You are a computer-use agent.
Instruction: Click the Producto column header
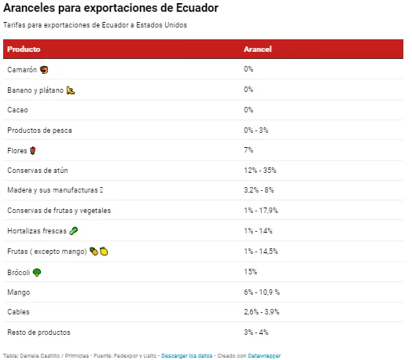(x=24, y=49)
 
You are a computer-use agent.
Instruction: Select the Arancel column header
(x=258, y=49)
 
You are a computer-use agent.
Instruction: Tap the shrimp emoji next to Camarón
(x=44, y=70)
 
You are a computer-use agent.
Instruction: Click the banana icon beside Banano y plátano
(x=71, y=90)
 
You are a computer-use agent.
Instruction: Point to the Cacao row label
(x=17, y=110)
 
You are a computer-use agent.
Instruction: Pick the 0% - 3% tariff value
(x=256, y=130)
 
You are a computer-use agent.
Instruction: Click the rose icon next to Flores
(x=32, y=151)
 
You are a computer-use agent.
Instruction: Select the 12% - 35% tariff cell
(x=260, y=171)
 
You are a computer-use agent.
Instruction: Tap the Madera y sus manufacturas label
(x=53, y=190)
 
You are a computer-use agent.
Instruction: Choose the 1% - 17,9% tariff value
(x=261, y=211)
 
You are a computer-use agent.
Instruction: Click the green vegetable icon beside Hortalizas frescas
(x=74, y=231)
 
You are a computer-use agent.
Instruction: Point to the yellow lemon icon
(x=104, y=252)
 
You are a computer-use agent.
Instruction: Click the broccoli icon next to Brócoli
(x=37, y=272)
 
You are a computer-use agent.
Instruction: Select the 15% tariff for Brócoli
(x=250, y=272)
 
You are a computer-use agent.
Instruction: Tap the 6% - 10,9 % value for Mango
(x=262, y=292)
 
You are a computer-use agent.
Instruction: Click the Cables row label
(x=18, y=312)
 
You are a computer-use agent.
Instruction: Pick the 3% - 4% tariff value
(x=256, y=332)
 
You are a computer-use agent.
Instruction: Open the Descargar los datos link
(x=187, y=356)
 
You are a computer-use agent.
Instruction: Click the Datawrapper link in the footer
(x=264, y=356)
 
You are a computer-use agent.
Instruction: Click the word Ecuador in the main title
(x=197, y=8)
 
